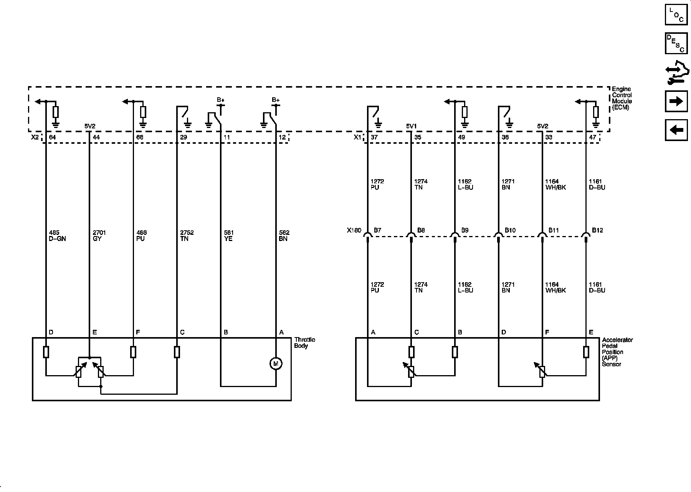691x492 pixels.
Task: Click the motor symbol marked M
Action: [x=276, y=363]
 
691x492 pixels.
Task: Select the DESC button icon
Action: [x=676, y=43]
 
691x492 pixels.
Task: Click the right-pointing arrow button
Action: [x=676, y=101]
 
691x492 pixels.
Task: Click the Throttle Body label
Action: [x=304, y=343]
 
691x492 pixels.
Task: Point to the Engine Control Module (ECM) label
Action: [x=622, y=98]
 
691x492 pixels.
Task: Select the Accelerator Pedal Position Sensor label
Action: [x=617, y=352]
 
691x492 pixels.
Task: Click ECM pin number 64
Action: [x=53, y=137]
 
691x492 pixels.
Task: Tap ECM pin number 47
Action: [x=593, y=137]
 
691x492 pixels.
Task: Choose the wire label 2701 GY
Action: [x=99, y=236]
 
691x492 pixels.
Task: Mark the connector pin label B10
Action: [x=510, y=230]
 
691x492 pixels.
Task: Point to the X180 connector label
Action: [x=354, y=231]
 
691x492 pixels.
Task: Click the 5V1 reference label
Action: [x=412, y=126]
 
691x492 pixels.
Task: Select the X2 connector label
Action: [x=35, y=137]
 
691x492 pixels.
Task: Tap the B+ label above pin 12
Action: [x=276, y=100]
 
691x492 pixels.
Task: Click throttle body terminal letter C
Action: [x=182, y=332]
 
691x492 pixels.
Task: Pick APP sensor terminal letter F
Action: [x=547, y=332]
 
